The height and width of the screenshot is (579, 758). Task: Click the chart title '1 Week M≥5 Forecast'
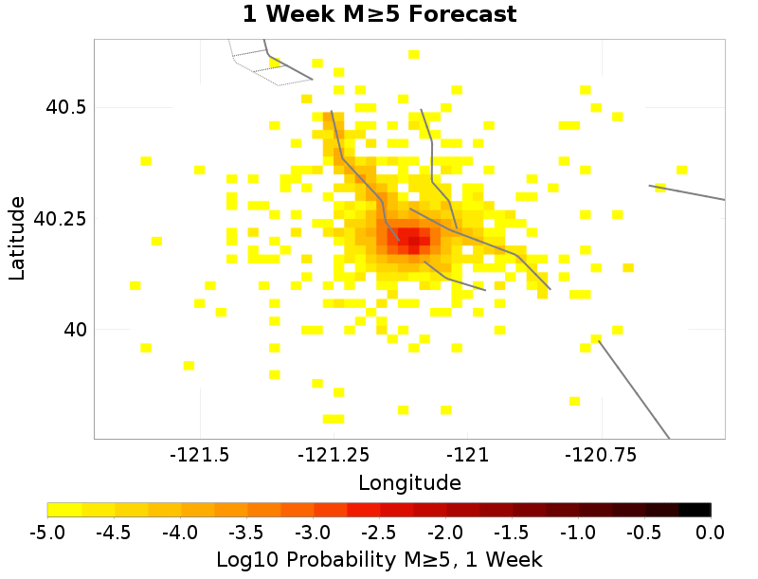[379, 14]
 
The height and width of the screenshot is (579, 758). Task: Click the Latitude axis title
[17, 238]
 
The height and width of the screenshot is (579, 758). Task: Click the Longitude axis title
[409, 482]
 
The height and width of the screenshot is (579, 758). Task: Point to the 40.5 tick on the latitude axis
[66, 107]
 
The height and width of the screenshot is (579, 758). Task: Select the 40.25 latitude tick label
[60, 218]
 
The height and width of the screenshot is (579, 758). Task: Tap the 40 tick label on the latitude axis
[73, 329]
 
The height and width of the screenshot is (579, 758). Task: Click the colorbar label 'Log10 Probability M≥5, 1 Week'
[379, 559]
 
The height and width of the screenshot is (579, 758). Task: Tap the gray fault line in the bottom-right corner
[635, 390]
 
